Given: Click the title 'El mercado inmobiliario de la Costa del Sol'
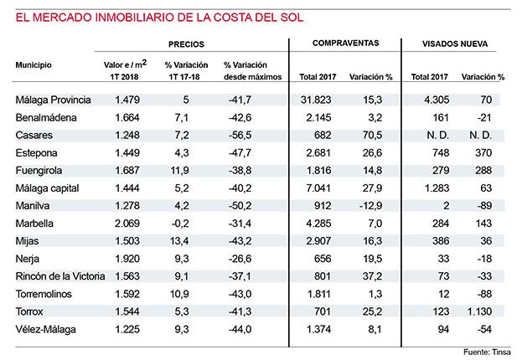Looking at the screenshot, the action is pos(159,18).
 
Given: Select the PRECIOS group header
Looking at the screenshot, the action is pos(186,44).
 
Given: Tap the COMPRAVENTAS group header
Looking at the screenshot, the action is pos(345,44).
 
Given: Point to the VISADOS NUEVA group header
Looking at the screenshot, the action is pos(455,44).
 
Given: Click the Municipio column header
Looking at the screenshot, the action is pos(34,64).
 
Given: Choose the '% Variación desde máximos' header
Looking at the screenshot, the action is pos(253,71).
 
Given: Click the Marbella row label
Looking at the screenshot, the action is pos(34,224).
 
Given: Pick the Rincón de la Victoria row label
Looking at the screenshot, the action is pos(60,276).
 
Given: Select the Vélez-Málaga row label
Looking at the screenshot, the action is pos(45,329).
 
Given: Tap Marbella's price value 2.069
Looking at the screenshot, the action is pos(127,224).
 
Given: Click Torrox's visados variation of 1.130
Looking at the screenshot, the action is pos(479,311).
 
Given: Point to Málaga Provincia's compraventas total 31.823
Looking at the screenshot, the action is pos(316,100).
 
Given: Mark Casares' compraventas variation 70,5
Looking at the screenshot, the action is pos(372,135).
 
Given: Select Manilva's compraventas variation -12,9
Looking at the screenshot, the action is pos(370,206).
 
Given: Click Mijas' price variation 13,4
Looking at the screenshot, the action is pos(179,241).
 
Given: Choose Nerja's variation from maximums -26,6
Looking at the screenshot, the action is pos(240,259).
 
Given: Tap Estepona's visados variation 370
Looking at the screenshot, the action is pos(483,152).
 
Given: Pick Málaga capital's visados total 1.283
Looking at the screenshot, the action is pos(437,188).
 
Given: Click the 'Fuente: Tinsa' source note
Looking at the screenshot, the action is pos(487,352).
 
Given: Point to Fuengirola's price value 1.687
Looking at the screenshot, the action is pos(127,170).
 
